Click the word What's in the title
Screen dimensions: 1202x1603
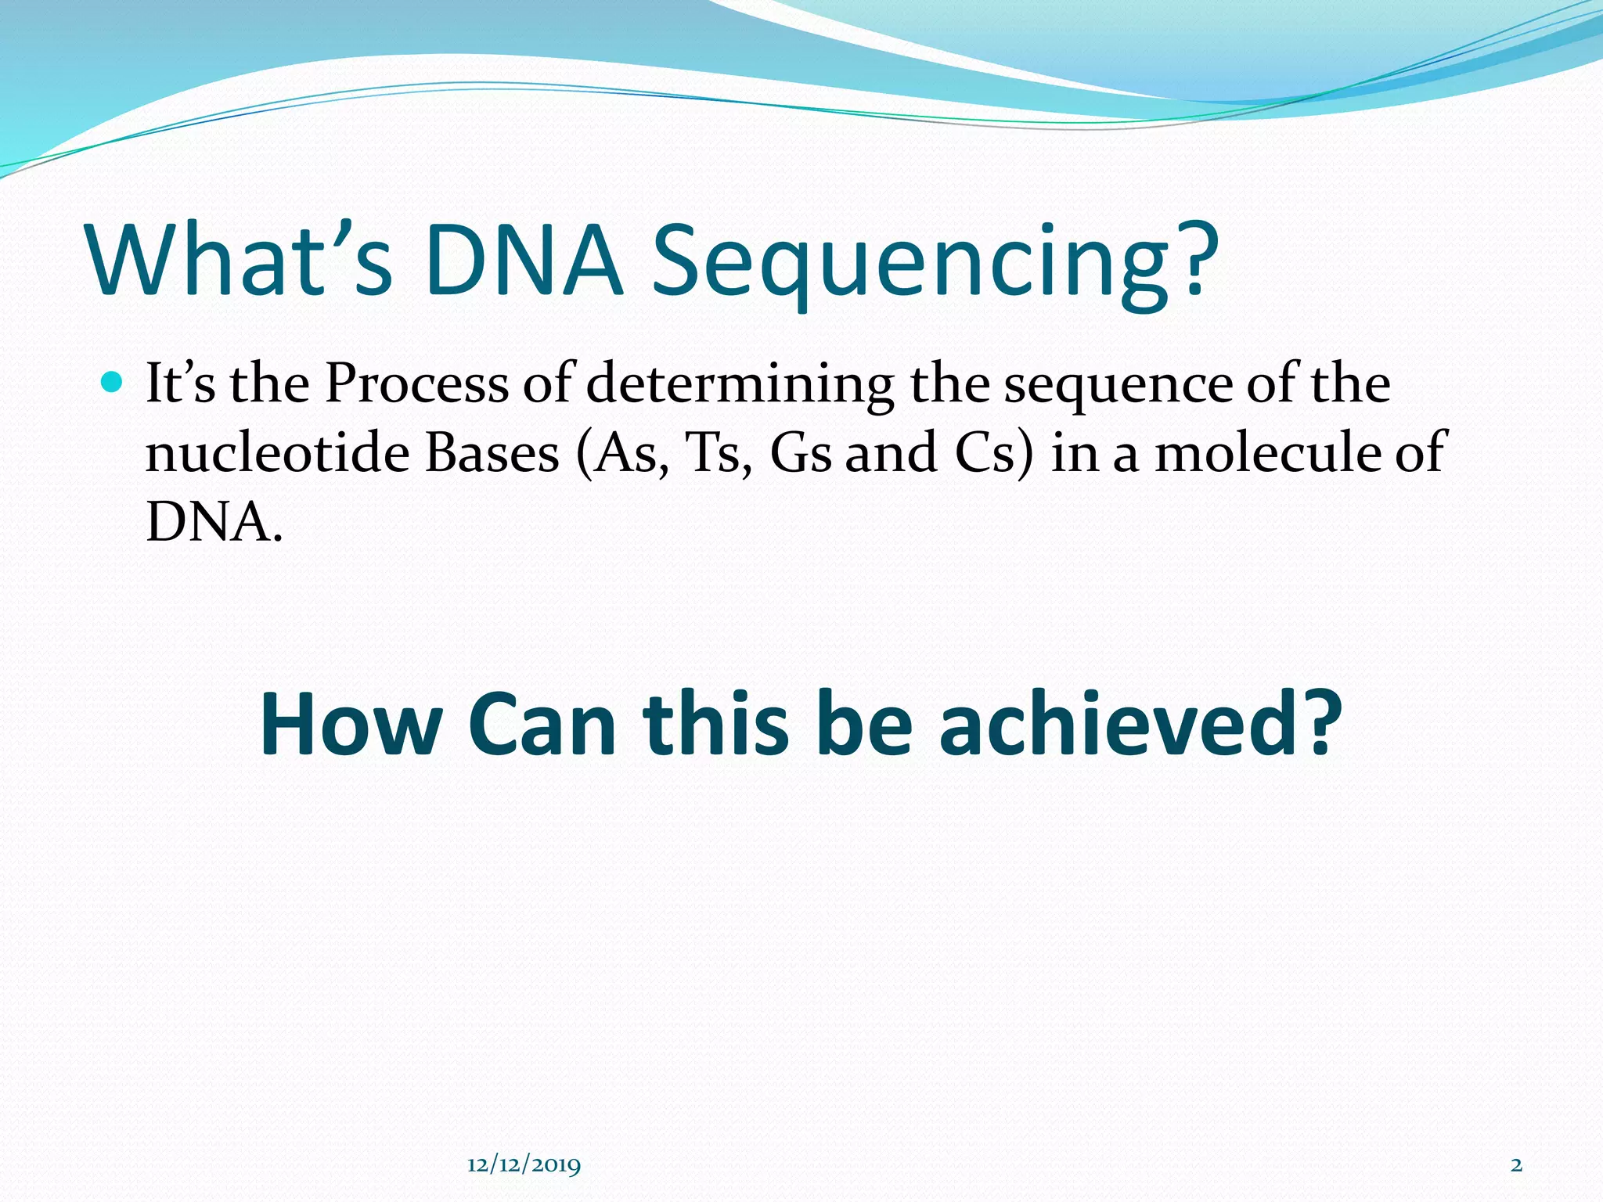tap(240, 261)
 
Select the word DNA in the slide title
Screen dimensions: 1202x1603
tap(523, 261)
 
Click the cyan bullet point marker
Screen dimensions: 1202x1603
tap(113, 383)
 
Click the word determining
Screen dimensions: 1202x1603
tap(740, 385)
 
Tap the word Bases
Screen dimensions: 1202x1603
tap(492, 453)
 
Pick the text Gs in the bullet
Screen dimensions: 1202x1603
tap(800, 453)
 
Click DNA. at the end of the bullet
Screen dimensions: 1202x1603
tap(214, 522)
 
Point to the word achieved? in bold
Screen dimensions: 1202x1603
tap(1140, 724)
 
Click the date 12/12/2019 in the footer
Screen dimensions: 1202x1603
tap(524, 1165)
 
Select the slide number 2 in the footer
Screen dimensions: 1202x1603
tap(1516, 1165)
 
